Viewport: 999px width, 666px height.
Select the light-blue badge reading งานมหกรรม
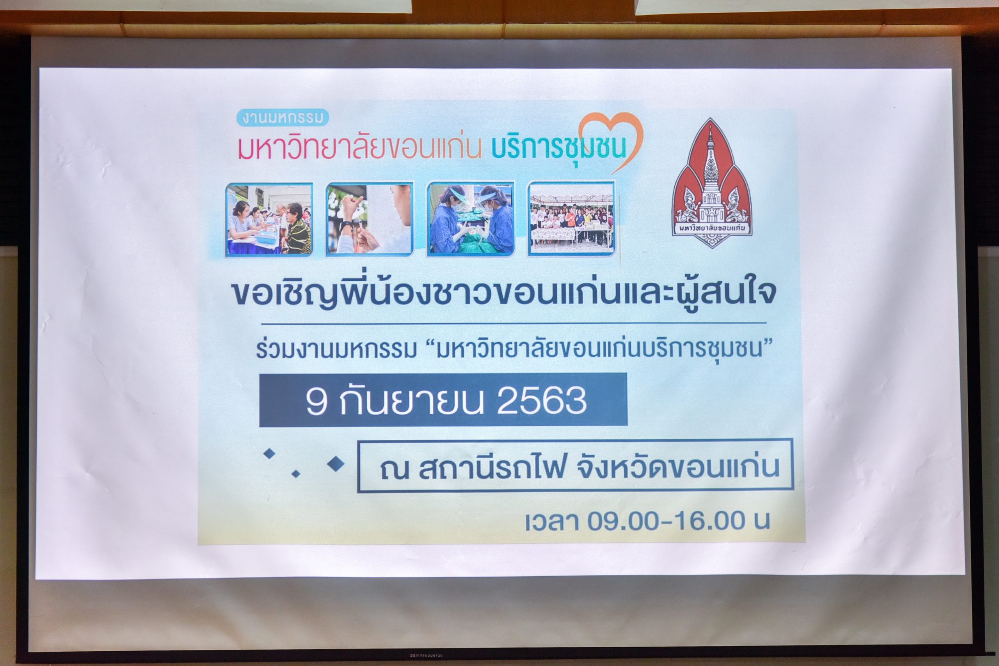[x=283, y=118]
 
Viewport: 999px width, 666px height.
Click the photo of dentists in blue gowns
[x=471, y=219]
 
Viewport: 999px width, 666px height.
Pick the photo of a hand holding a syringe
[x=370, y=219]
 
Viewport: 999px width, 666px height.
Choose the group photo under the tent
[x=572, y=219]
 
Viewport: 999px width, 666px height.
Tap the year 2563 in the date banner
[x=542, y=400]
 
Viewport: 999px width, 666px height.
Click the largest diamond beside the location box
[x=336, y=464]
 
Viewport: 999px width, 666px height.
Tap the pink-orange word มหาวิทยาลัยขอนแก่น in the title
[x=360, y=147]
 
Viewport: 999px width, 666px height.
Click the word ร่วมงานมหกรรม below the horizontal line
[x=336, y=351]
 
